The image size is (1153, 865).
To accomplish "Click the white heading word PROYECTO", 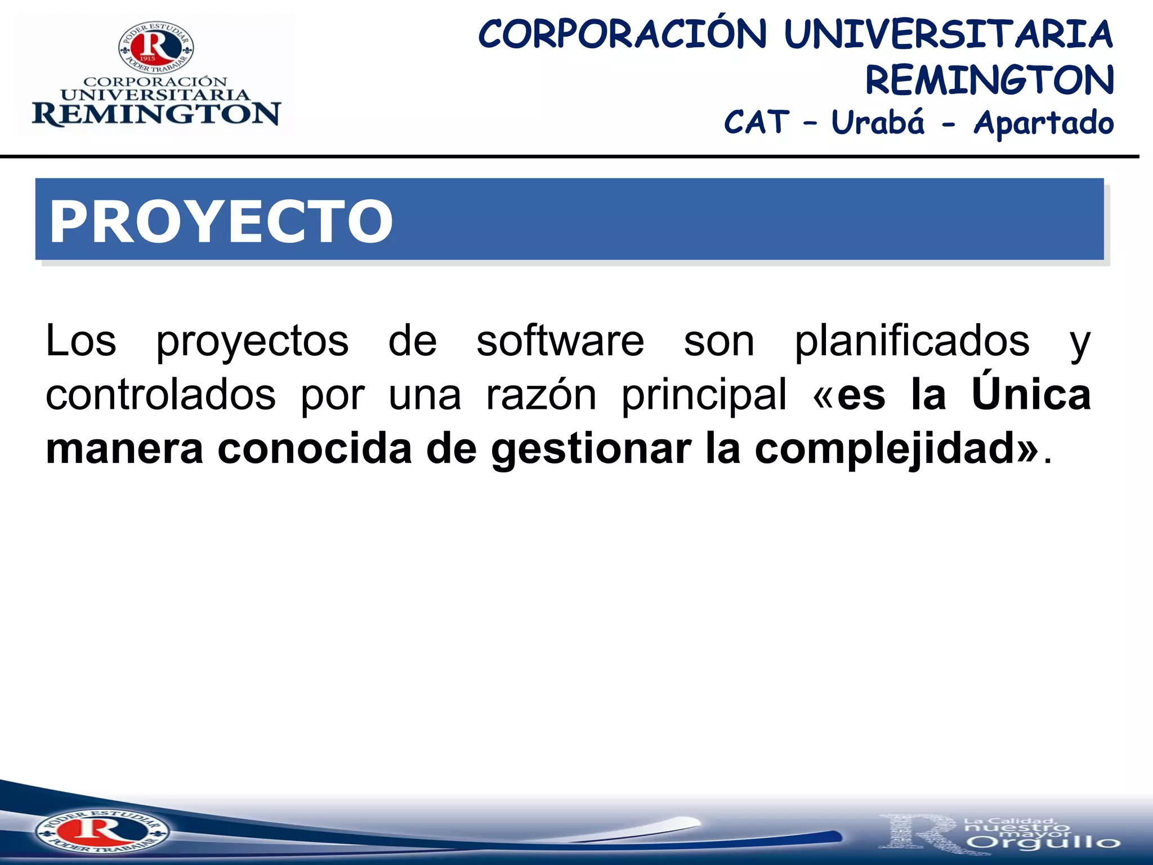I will click(x=221, y=222).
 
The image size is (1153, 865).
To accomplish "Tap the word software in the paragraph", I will click(x=560, y=341).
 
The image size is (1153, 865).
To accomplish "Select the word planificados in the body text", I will click(x=912, y=341).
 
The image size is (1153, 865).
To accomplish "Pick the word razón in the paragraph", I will click(x=541, y=395).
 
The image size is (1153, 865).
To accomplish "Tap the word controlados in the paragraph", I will click(x=160, y=395).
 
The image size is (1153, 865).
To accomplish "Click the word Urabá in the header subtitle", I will click(x=878, y=123).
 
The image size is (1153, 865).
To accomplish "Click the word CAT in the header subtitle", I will click(x=757, y=123).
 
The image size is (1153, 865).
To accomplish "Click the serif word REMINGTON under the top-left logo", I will click(x=156, y=114).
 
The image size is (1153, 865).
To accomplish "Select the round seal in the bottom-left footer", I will click(x=102, y=831).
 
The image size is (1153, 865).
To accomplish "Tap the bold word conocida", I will click(x=315, y=449).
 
